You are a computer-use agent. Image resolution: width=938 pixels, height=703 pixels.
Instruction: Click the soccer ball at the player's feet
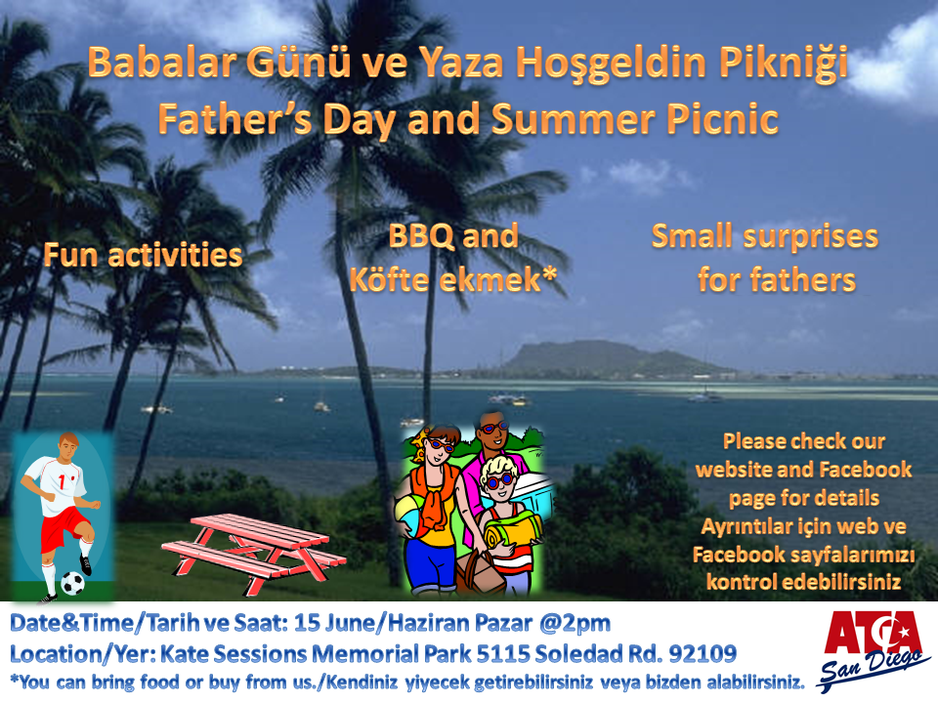tap(72, 583)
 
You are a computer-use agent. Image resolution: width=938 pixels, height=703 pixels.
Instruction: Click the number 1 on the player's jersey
tap(63, 481)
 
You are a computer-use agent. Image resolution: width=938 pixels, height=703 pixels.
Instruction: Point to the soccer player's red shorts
tap(65, 526)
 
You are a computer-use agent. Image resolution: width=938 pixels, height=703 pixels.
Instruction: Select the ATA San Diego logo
tap(874, 649)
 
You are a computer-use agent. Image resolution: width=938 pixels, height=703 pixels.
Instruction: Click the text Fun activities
tap(143, 255)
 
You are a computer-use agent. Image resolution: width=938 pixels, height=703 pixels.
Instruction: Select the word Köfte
tap(389, 279)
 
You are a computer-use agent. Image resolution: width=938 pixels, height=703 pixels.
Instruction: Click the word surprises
tap(811, 237)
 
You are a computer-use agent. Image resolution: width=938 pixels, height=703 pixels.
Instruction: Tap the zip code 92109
tap(703, 653)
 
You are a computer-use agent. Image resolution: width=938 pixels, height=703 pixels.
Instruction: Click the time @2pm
tap(575, 624)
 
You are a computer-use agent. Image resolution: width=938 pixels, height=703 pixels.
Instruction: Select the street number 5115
tap(502, 653)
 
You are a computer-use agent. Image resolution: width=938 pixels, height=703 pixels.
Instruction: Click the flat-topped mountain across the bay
tap(604, 358)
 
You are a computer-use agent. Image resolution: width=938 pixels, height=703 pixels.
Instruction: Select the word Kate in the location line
tap(184, 653)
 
